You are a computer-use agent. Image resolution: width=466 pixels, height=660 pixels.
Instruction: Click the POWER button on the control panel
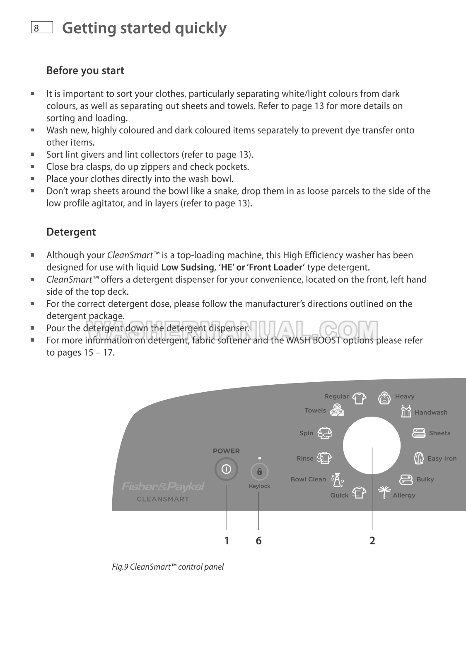(x=226, y=470)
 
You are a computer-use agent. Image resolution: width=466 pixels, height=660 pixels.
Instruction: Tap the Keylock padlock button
(x=260, y=472)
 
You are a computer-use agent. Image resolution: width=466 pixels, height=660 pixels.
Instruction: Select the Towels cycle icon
(x=338, y=410)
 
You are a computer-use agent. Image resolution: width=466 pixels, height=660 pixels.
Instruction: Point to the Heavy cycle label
(x=404, y=397)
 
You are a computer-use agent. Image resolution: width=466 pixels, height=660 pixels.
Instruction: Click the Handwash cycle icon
(x=406, y=411)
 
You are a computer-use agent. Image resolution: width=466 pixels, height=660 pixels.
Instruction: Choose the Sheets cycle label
(x=439, y=433)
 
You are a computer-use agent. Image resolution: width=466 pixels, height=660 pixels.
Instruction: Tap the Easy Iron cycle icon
(x=418, y=458)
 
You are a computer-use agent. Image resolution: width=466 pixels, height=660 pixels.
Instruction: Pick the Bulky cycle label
(x=425, y=479)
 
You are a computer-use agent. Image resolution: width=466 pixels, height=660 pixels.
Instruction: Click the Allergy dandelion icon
(x=384, y=492)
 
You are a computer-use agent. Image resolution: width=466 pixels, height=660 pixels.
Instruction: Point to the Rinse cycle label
(x=305, y=459)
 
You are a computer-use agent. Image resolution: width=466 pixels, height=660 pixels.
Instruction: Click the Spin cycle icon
(x=325, y=433)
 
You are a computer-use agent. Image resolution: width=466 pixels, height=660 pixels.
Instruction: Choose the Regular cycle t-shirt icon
(x=359, y=398)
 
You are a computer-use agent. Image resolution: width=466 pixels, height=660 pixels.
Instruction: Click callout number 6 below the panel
(x=258, y=541)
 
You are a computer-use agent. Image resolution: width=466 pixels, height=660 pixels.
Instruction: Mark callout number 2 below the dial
(x=372, y=541)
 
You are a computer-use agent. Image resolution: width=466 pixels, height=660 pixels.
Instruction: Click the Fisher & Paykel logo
(x=163, y=486)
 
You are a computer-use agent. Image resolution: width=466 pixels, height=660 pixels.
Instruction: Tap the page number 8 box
(x=41, y=28)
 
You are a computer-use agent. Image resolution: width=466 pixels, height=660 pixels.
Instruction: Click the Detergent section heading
(x=71, y=232)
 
